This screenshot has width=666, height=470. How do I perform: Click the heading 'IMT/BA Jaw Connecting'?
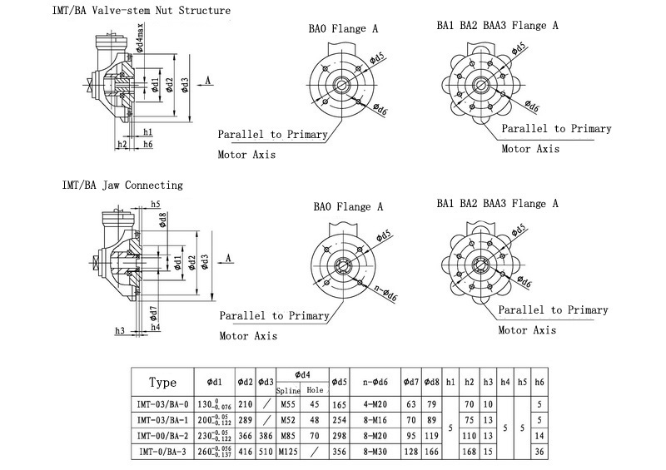click(122, 185)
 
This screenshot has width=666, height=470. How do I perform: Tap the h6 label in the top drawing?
click(147, 145)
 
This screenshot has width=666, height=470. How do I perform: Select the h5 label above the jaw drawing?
click(156, 204)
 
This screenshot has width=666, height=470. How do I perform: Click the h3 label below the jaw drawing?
click(120, 331)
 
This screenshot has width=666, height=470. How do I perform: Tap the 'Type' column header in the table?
click(162, 383)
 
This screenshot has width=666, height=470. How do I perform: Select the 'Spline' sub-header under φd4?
click(288, 389)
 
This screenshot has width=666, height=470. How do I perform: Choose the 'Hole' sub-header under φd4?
click(315, 389)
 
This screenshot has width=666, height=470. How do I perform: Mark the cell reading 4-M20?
click(374, 405)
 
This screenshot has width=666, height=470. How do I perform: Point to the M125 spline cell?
click(288, 452)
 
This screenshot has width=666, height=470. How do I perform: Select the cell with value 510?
click(265, 452)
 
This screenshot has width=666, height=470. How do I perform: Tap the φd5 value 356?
click(339, 452)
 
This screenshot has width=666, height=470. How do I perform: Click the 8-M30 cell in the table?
click(374, 452)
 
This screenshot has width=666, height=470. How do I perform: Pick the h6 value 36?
click(540, 452)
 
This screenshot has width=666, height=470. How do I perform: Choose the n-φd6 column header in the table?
click(374, 383)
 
